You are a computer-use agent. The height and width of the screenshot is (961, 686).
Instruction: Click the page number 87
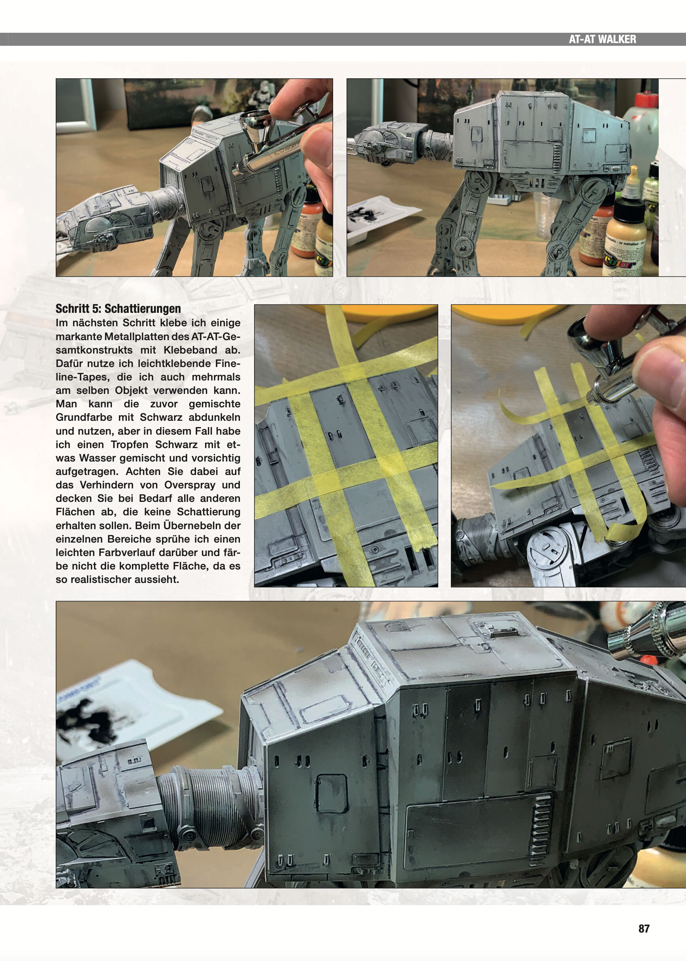644,929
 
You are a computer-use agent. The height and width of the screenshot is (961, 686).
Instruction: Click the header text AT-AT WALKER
602,39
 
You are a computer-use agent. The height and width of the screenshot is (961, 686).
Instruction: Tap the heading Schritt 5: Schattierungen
118,308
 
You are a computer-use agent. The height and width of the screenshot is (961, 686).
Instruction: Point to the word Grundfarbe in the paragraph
84,417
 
